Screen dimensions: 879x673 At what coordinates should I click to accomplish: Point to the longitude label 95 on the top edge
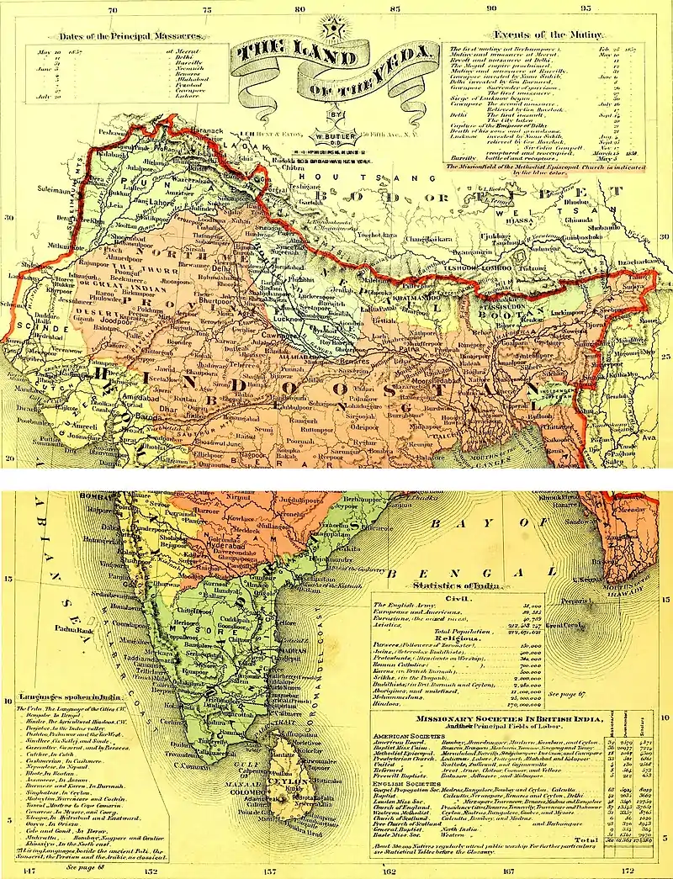(x=586, y=7)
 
